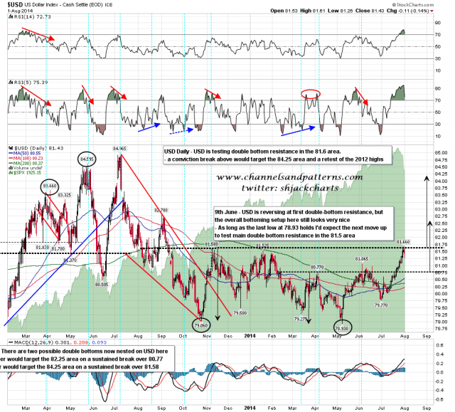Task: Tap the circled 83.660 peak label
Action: [50, 187]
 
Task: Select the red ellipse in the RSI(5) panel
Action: [310, 93]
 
